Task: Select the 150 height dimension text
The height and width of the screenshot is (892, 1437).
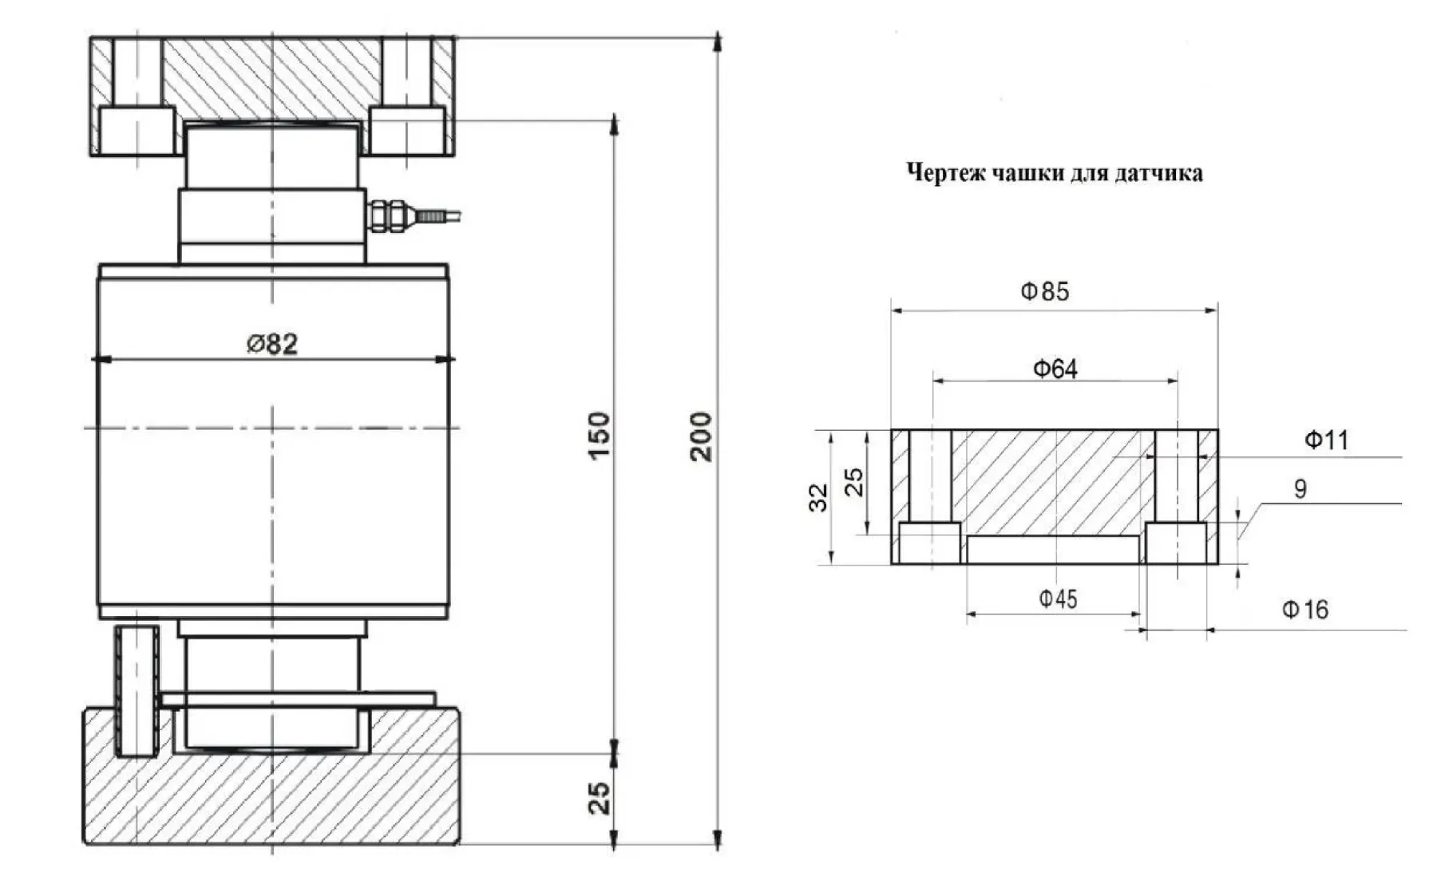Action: coord(599,435)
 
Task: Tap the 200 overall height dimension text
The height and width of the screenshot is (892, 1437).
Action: coord(700,436)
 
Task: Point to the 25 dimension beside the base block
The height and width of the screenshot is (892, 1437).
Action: coord(599,798)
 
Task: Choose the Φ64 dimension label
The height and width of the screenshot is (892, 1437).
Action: coord(1055,369)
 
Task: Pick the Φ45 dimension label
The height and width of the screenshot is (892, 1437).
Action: coord(1058,598)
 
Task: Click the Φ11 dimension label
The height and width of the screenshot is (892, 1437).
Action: coord(1326,440)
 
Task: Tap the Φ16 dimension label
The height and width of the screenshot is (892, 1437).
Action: coord(1305,610)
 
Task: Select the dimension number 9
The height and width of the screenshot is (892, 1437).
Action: coord(1300,489)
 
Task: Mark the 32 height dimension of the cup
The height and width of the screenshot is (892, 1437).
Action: coord(819,497)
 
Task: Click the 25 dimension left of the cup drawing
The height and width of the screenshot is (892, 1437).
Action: coord(854,482)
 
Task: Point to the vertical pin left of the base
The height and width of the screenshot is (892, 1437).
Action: coord(137,691)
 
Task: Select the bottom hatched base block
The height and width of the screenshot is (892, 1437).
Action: coord(271,798)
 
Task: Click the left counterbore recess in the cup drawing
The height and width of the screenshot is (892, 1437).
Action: coord(929,543)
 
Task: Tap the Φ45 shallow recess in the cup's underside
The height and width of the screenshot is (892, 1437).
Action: coord(1053,549)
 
